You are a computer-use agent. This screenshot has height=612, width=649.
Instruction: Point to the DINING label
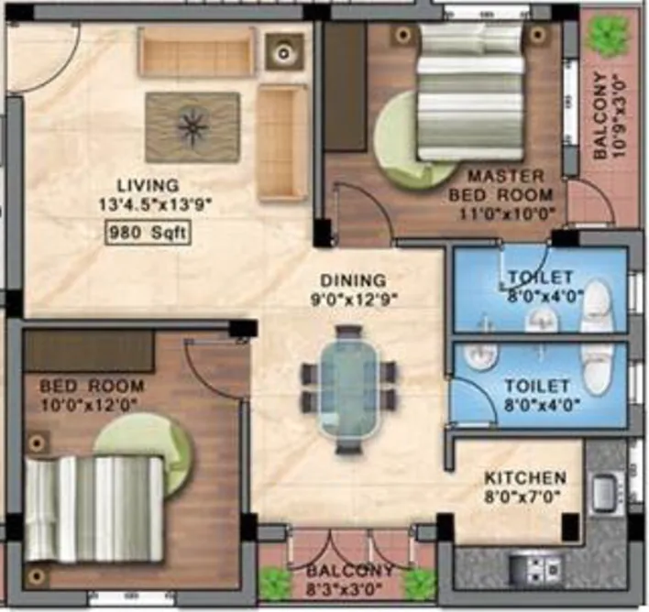(354, 279)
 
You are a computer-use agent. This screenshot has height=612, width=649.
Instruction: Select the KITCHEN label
(525, 478)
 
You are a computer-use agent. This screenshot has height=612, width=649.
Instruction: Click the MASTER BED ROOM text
(500, 185)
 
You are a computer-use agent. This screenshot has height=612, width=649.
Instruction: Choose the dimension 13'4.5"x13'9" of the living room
(157, 205)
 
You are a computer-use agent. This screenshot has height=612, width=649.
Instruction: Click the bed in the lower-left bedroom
(95, 508)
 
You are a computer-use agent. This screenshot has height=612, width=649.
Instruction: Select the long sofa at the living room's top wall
(196, 51)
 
